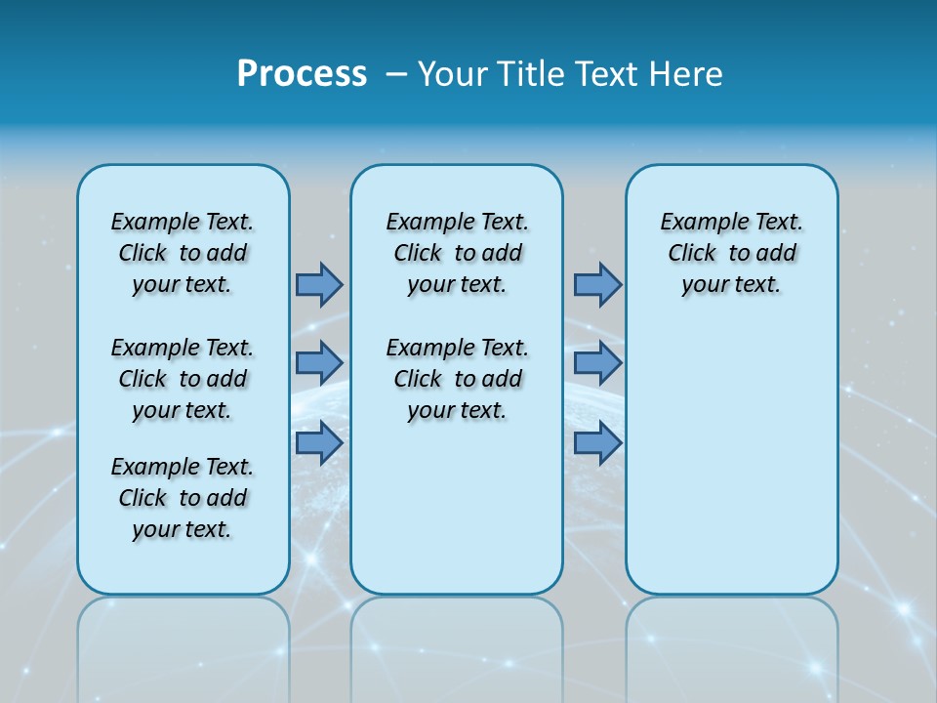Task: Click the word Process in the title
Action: coord(302,74)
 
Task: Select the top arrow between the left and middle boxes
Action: coord(318,284)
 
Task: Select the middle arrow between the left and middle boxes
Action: coord(318,363)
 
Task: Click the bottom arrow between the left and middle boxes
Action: coord(318,442)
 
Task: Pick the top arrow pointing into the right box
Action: coord(597,284)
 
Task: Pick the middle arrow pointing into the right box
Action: coord(597,363)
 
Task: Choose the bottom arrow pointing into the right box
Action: coord(597,442)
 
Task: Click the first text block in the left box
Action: coord(183,253)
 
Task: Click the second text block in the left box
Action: coord(183,379)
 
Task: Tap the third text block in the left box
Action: coord(183,498)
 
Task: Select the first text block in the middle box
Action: coord(458,253)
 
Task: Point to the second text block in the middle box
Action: coord(458,379)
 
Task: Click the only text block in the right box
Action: coord(732,253)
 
